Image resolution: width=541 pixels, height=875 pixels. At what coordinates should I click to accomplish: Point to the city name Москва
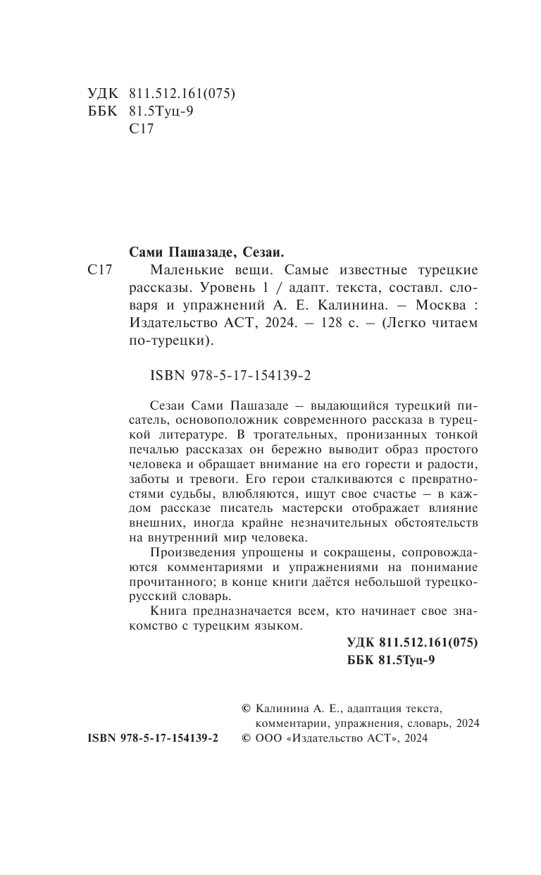pyautogui.click(x=442, y=305)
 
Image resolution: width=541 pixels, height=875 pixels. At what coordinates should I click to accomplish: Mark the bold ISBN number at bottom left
pyautogui.click(x=153, y=738)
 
